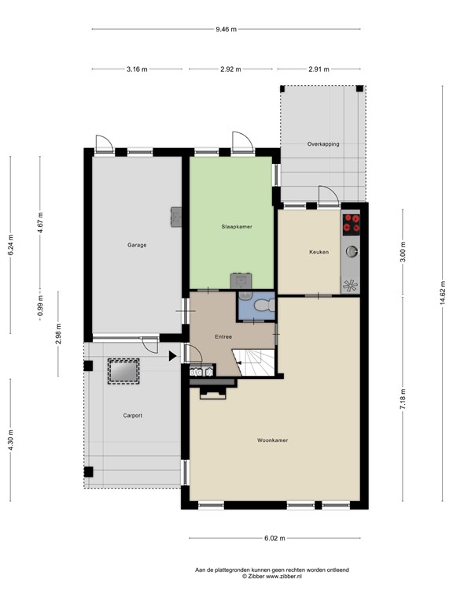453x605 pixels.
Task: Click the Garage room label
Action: [x=137, y=245]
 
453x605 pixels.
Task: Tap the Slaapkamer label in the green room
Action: [x=237, y=227]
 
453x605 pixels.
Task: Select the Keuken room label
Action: [x=319, y=252]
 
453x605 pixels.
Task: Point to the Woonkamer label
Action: [x=272, y=440]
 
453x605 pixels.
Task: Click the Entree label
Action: [x=223, y=336]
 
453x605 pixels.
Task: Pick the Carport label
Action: [x=132, y=416]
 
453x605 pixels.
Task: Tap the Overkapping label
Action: [x=323, y=144]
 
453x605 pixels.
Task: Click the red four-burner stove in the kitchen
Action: [x=351, y=224]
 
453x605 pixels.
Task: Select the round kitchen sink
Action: [x=351, y=251]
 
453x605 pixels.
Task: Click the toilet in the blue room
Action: [x=264, y=306]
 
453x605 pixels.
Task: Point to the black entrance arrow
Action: [x=172, y=356]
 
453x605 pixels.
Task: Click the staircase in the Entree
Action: [x=255, y=362]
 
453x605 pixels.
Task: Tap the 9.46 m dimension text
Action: [x=226, y=29]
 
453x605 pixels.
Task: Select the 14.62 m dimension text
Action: [x=443, y=293]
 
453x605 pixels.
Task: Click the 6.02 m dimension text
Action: [x=274, y=538]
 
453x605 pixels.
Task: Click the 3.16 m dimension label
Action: [x=137, y=69]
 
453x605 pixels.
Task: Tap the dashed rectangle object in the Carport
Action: [x=123, y=371]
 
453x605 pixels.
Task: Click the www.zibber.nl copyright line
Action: [x=271, y=576]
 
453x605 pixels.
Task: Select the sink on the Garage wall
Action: [x=176, y=217]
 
